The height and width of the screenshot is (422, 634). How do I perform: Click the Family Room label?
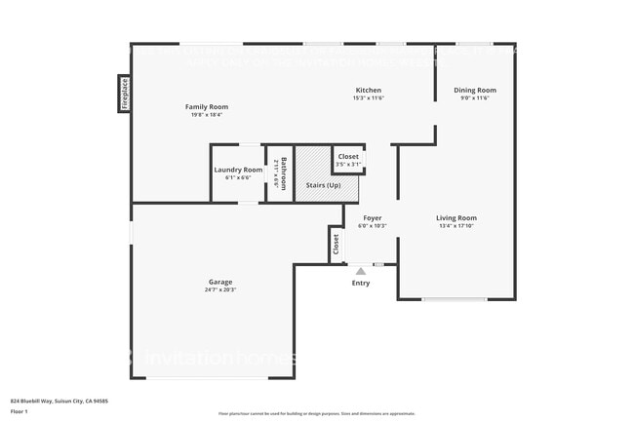click(x=206, y=106)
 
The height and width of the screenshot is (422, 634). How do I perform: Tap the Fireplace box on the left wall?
click(x=125, y=94)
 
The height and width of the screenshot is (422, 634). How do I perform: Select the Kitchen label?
click(x=368, y=90)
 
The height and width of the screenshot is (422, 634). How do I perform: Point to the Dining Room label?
click(x=474, y=90)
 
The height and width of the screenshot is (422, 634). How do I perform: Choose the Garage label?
click(x=219, y=282)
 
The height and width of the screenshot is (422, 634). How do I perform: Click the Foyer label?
click(x=373, y=217)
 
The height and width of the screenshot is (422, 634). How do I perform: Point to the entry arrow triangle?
click(x=361, y=271)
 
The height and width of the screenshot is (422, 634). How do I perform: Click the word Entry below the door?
click(x=361, y=283)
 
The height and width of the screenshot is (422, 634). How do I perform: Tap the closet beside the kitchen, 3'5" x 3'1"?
click(x=348, y=160)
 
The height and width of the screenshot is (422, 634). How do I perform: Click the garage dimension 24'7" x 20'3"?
click(x=219, y=289)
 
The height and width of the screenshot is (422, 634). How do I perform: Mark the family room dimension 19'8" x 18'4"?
click(x=206, y=114)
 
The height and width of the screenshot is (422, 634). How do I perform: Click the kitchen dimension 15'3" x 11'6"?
click(x=368, y=97)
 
